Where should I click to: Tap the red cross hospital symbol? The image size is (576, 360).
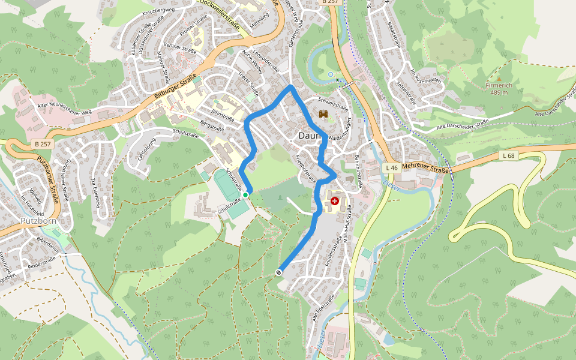pos(334,201)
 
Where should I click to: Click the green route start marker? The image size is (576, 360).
pos(245,195)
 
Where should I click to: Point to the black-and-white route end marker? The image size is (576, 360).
pos(278,272)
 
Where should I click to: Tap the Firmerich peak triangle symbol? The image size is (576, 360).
pos(499,78)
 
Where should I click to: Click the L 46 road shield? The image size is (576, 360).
pos(392,167)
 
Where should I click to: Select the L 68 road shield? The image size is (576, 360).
pos(508,155)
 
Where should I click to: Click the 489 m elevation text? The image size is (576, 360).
pos(499,92)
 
